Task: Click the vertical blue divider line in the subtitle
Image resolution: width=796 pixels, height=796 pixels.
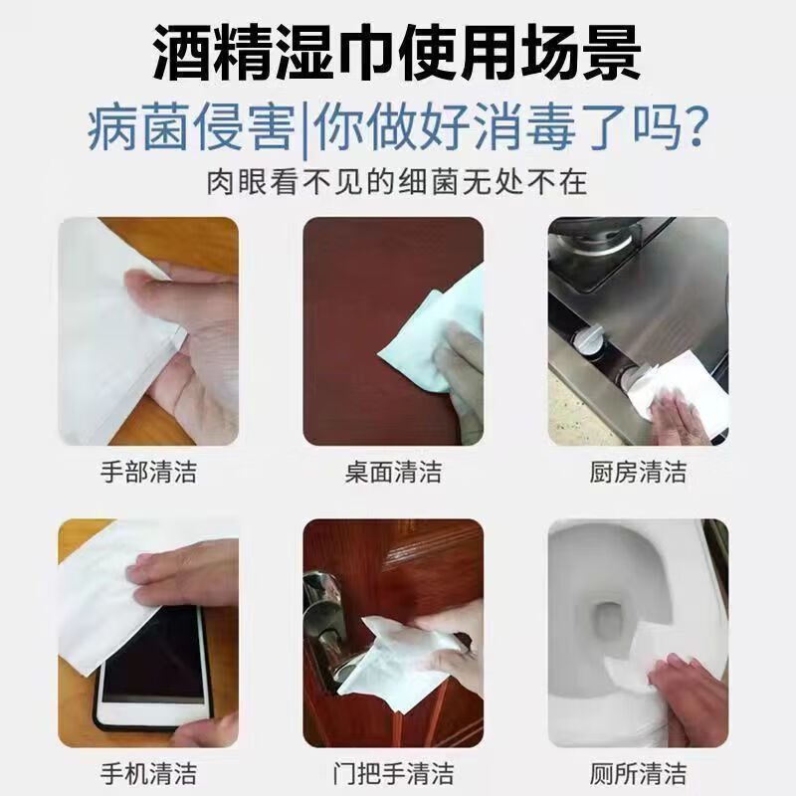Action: point(304,129)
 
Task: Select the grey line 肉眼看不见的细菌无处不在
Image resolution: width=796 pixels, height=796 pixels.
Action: point(397,182)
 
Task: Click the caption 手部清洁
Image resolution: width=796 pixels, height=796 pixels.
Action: point(148,472)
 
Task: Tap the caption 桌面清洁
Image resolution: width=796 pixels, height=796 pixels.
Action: point(393,472)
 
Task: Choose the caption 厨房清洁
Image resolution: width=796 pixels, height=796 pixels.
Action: point(638,472)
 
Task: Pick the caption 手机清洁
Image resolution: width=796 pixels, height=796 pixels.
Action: point(148,774)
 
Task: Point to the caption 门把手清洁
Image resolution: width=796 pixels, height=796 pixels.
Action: point(393,774)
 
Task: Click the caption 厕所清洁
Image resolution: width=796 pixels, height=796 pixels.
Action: point(638,774)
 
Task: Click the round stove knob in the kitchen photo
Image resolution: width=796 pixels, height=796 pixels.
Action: point(588,338)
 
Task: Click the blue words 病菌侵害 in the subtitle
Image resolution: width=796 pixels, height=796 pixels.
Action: point(191,127)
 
